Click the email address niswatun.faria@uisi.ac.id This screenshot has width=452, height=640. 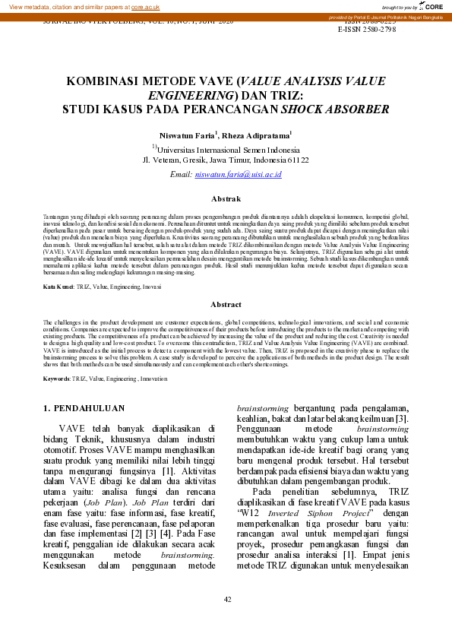[x=239, y=174]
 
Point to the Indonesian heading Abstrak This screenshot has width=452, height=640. [x=226, y=198]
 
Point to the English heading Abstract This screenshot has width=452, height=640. [x=226, y=303]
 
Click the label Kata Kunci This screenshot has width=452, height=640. [x=57, y=287]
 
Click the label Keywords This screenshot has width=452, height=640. [x=57, y=378]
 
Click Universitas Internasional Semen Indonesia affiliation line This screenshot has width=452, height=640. [x=226, y=149]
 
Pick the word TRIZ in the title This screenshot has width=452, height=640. [x=286, y=94]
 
